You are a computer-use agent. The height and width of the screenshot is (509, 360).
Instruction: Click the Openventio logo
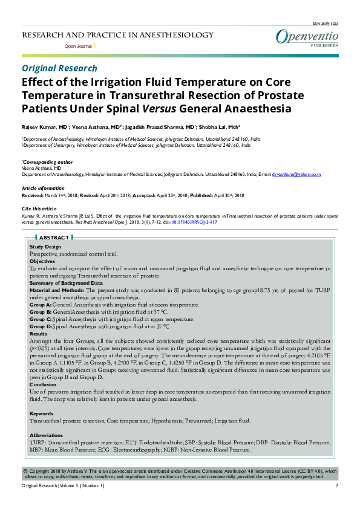pos(307,37)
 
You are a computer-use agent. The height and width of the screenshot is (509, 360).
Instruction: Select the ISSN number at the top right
pos(326,22)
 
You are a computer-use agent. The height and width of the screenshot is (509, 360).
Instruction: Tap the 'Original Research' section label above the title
pos(59,68)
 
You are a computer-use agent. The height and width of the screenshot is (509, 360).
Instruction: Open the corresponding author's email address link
pos(296,174)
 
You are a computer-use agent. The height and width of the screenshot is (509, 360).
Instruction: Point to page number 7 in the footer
pos(336,486)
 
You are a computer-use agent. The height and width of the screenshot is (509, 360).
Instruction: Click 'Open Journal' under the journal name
pos(78,46)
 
